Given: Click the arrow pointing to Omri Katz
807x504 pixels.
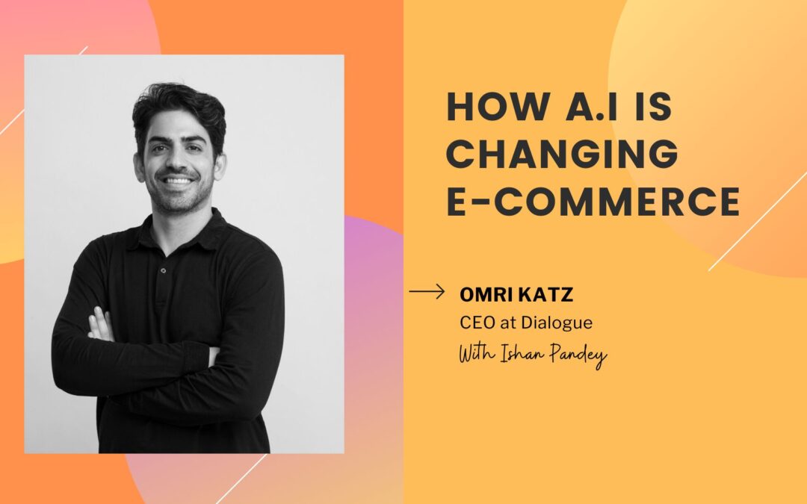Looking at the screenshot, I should click(427, 292).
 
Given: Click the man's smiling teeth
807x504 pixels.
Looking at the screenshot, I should click(178, 181).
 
